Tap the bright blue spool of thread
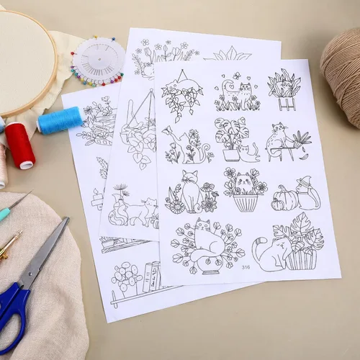click(x=60, y=120)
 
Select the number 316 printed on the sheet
click(x=246, y=267)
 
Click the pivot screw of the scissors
click(x=30, y=274)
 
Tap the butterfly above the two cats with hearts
click(x=237, y=76)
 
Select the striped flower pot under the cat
click(x=245, y=203)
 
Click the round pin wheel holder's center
click(x=99, y=59)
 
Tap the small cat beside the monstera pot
click(x=248, y=153)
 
